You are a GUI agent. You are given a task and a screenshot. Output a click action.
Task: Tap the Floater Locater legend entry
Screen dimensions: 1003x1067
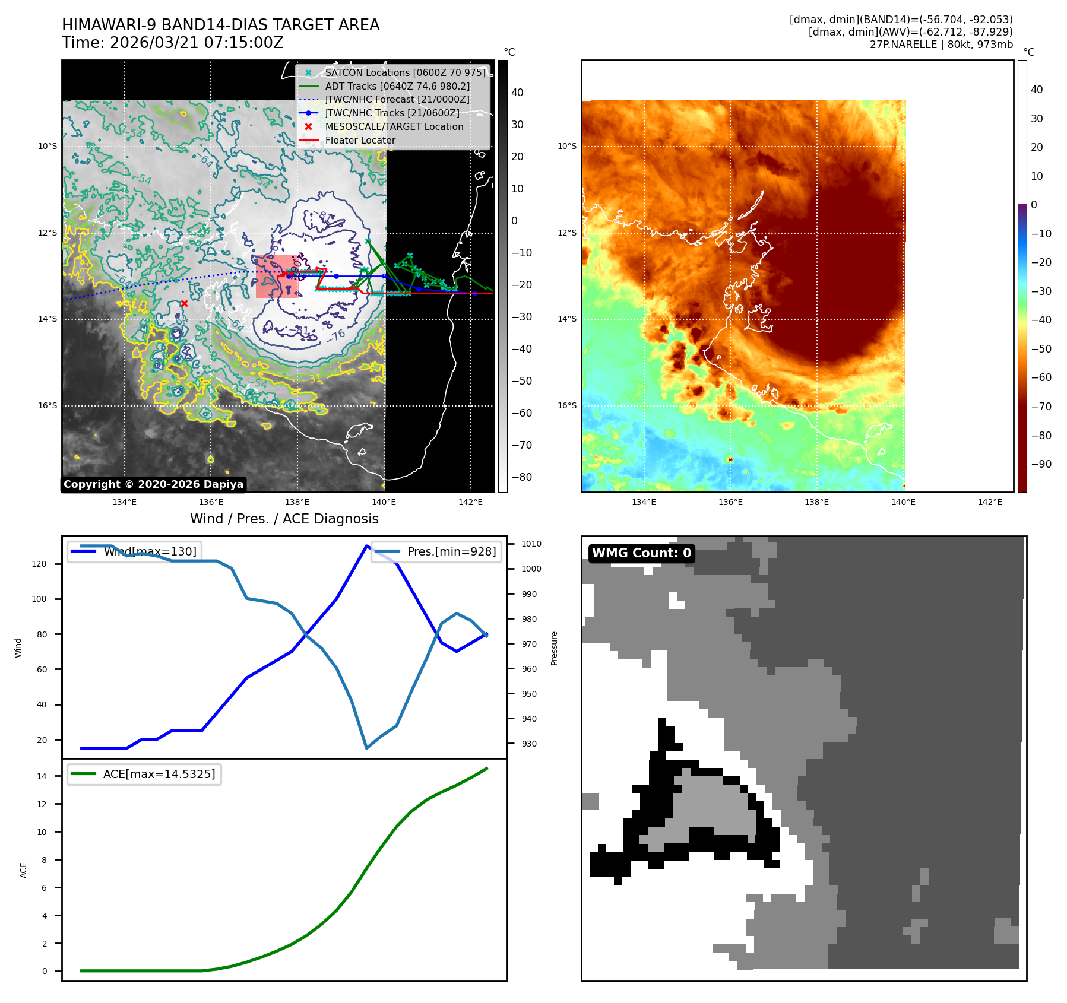tap(360, 140)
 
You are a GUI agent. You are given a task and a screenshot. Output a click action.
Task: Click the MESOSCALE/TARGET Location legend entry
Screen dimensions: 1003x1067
tap(394, 126)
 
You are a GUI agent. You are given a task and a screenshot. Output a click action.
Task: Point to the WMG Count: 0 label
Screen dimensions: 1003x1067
tap(641, 553)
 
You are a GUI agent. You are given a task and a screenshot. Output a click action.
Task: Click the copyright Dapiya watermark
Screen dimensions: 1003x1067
tap(153, 484)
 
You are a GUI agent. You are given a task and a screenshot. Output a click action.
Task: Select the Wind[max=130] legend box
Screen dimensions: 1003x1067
tap(134, 551)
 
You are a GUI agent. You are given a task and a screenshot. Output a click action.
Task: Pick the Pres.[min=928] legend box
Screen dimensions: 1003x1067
tap(436, 551)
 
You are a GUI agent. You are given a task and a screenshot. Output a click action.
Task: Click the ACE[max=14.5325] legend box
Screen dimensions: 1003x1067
tap(144, 774)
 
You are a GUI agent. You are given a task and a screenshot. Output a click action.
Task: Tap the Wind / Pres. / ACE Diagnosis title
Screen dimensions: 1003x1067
tap(284, 519)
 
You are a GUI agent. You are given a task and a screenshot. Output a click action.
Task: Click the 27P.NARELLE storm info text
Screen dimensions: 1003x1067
tap(941, 45)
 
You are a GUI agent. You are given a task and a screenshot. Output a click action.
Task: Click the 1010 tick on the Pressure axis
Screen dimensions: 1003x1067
tap(531, 544)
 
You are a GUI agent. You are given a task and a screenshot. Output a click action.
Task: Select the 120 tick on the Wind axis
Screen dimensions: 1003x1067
tap(39, 564)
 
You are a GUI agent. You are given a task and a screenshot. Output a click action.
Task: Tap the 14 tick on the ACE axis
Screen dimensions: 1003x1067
tap(42, 776)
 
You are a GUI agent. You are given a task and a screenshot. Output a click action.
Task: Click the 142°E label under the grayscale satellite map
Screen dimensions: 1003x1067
tap(470, 502)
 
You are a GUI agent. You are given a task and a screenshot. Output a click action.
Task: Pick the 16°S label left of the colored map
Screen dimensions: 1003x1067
tap(566, 405)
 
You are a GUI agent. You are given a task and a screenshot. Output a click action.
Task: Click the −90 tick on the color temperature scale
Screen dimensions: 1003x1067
tap(1041, 464)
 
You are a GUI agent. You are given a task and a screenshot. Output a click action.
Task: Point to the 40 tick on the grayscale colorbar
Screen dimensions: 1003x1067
tap(517, 93)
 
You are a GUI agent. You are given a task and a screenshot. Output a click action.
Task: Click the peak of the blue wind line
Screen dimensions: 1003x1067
tap(367, 545)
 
